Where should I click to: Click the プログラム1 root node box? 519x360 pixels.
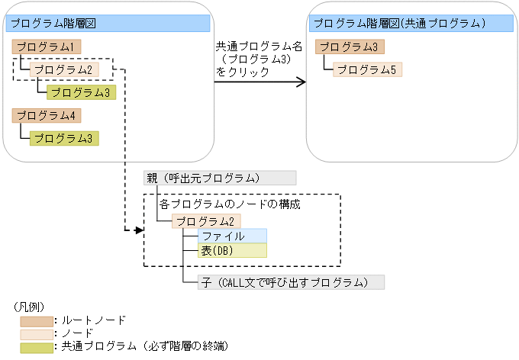tap(47, 47)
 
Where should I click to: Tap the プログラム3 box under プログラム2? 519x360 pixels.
tap(81, 93)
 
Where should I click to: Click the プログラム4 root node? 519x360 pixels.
tap(47, 116)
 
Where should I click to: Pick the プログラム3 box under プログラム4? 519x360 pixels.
tap(64, 138)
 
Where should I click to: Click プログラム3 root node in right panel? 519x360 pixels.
tap(350, 47)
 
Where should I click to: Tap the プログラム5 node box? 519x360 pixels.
tap(367, 70)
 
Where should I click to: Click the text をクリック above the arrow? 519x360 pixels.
tap(243, 72)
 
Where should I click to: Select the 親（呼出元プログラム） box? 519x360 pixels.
tap(220, 178)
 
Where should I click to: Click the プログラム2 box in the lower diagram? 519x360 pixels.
tap(207, 221)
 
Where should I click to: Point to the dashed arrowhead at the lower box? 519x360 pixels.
tap(139, 230)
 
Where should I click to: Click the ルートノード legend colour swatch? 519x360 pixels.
tap(37, 320)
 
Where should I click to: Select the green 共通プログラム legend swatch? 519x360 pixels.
tap(37, 346)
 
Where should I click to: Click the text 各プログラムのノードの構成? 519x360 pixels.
tap(230, 205)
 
